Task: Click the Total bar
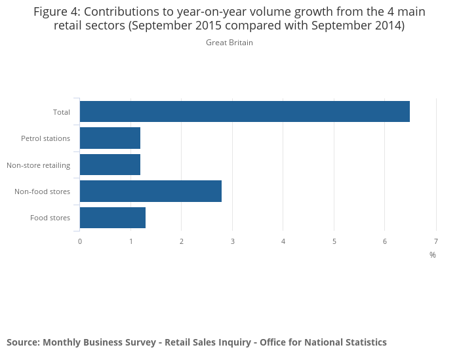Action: [x=245, y=111]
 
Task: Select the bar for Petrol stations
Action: [x=110, y=138]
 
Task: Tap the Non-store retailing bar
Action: [x=110, y=165]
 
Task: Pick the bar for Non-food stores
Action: [x=151, y=191]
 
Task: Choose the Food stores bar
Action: [x=113, y=218]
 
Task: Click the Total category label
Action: [x=62, y=112]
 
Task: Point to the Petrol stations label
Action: [x=45, y=138]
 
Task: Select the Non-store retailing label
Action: [x=38, y=165]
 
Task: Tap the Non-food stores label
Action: [x=42, y=191]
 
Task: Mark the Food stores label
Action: [x=50, y=218]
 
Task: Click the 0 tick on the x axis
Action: [x=80, y=241]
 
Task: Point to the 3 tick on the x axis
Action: [x=233, y=241]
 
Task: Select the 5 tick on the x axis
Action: [x=334, y=241]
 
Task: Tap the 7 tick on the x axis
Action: [x=436, y=241]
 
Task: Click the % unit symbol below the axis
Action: [x=433, y=255]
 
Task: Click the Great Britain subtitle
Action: [x=229, y=43]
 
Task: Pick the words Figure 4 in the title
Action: [x=56, y=12]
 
